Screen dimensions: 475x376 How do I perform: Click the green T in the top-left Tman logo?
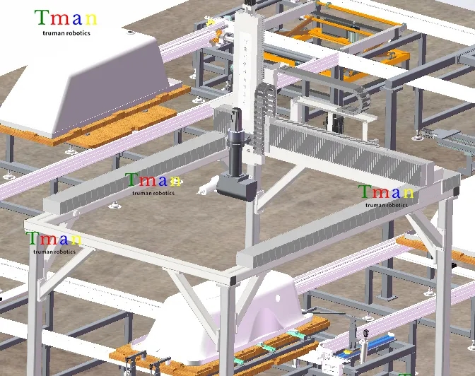[x=42, y=17]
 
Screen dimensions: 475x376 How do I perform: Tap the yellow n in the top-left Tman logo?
[x=91, y=19]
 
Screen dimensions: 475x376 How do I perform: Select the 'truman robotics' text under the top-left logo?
[x=66, y=33]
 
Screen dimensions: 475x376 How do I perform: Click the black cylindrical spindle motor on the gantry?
[x=235, y=142]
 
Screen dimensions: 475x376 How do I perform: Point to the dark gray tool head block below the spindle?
[x=237, y=186]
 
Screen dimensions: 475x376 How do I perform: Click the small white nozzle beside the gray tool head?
[x=208, y=186]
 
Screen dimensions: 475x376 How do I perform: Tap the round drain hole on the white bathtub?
[x=278, y=298]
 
